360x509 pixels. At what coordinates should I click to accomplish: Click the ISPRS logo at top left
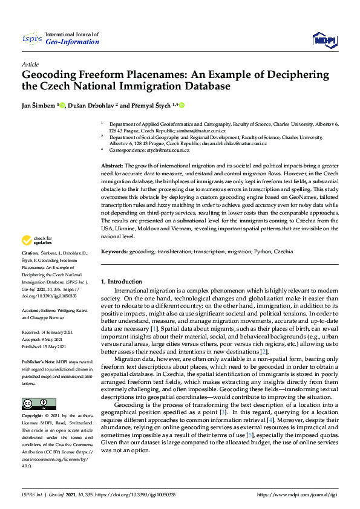pyautogui.click(x=32, y=39)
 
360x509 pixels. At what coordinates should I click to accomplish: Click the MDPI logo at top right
pyautogui.click(x=323, y=40)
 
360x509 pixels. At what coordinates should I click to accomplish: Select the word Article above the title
pyautogui.click(x=30, y=64)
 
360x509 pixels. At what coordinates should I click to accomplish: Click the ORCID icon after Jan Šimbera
pyautogui.click(x=62, y=105)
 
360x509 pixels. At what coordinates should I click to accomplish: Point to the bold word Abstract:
pyautogui.click(x=112, y=165)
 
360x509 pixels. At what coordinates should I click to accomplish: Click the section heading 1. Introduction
pyautogui.click(x=121, y=281)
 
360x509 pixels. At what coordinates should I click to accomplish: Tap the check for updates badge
pyautogui.click(x=38, y=240)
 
